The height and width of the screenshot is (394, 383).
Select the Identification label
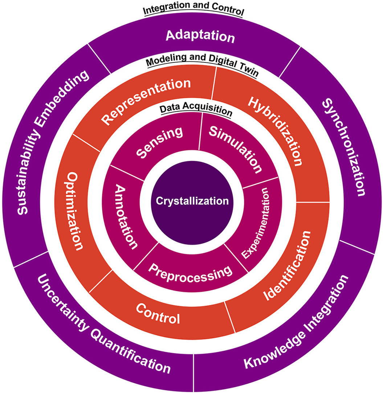pos(287,265)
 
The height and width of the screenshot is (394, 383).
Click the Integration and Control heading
pos(193,11)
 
